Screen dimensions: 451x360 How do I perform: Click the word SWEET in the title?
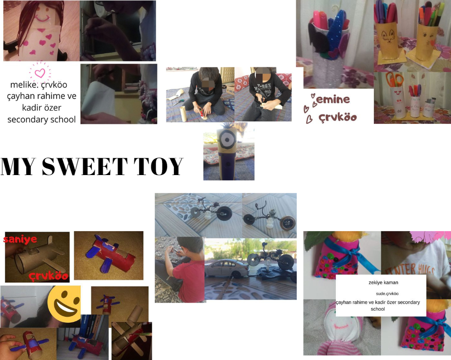click(85, 166)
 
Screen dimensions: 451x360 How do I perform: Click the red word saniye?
click(20, 239)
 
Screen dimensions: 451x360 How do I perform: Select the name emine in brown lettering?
click(333, 100)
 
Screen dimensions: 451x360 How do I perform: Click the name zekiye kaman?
click(383, 283)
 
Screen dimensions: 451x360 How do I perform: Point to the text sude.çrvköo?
click(387, 294)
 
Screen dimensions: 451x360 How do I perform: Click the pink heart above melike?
click(40, 73)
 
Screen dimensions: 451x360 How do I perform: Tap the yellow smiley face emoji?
click(64, 304)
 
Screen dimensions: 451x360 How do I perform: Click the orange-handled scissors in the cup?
click(395, 79)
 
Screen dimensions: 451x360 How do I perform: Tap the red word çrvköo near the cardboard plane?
click(48, 276)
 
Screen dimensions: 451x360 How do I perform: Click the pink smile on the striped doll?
click(341, 327)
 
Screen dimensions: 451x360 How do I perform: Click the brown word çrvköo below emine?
click(338, 117)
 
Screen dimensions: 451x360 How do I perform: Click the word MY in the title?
click(18, 166)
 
